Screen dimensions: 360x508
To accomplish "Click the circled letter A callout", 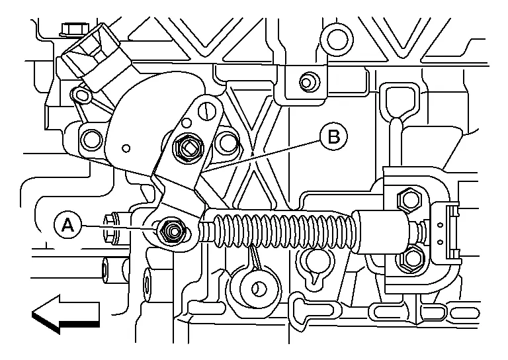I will tap(67, 226).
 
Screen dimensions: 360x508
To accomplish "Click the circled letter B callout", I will tap(333, 136).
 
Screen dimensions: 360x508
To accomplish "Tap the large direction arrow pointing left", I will tap(64, 313).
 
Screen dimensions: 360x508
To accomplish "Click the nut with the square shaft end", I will tap(188, 148).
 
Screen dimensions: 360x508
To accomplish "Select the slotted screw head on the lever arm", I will tap(206, 107).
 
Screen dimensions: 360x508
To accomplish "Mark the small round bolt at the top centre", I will tap(306, 83).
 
